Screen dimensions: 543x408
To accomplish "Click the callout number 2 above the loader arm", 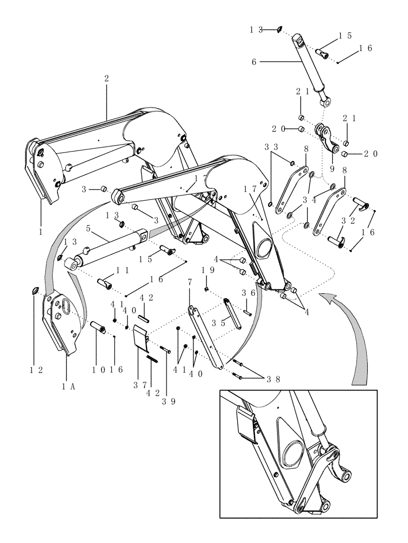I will pos(106,79).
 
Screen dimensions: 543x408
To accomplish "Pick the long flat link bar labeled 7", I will pos(205,337).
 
